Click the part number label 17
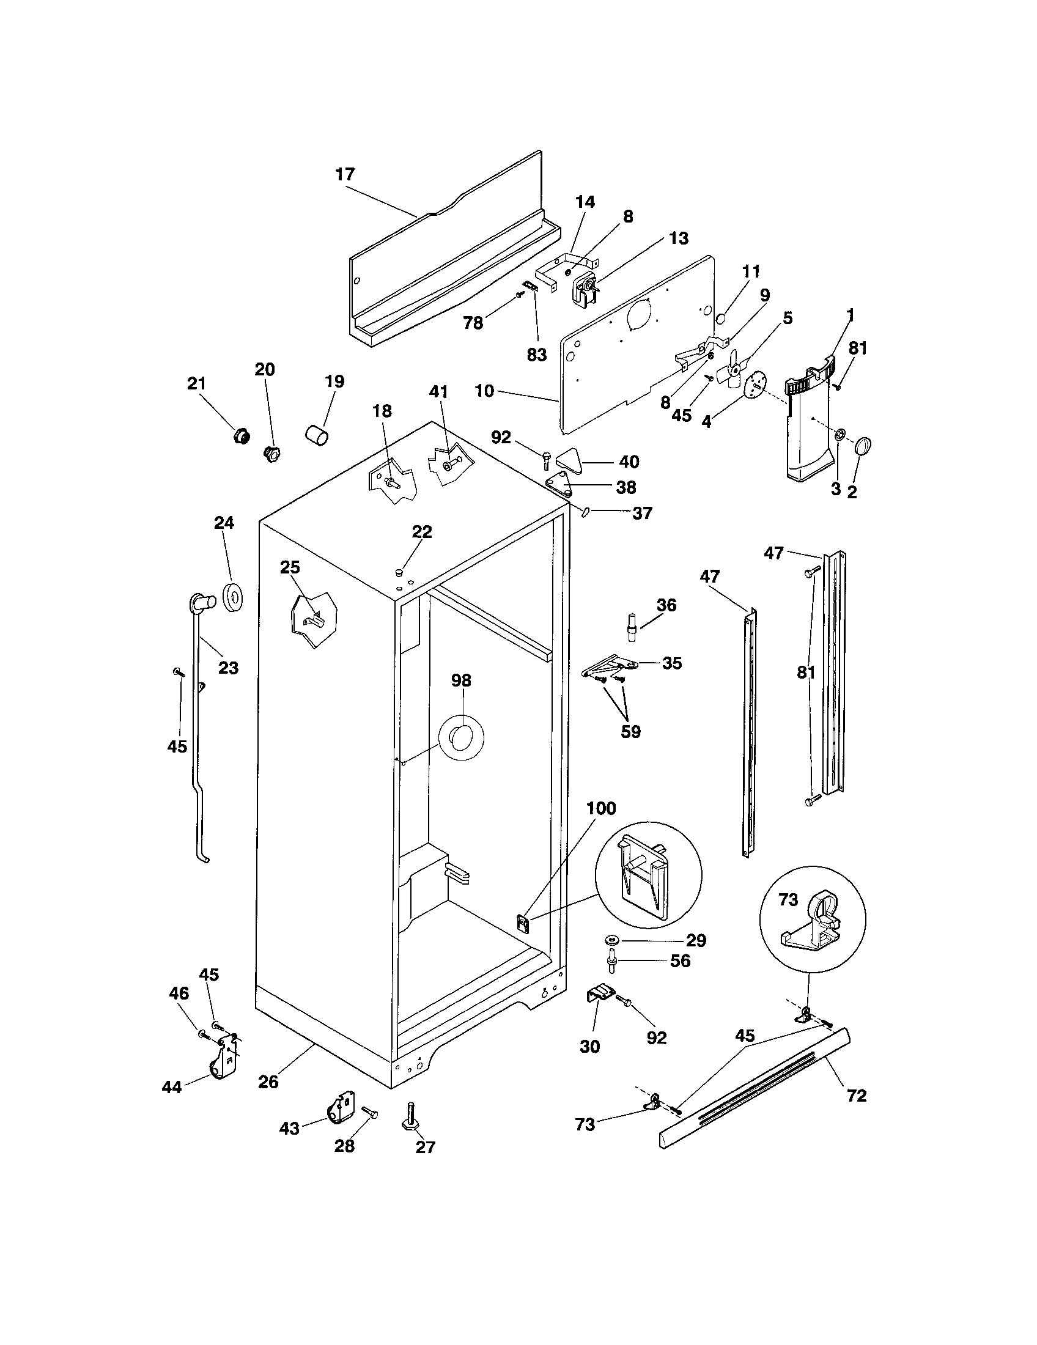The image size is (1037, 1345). click(x=345, y=174)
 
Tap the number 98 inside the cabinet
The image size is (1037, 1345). click(x=461, y=680)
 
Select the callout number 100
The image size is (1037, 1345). click(x=601, y=808)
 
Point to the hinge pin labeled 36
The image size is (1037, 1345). click(x=631, y=626)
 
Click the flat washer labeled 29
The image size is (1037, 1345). click(x=613, y=939)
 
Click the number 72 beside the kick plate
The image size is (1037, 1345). click(x=857, y=1096)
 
